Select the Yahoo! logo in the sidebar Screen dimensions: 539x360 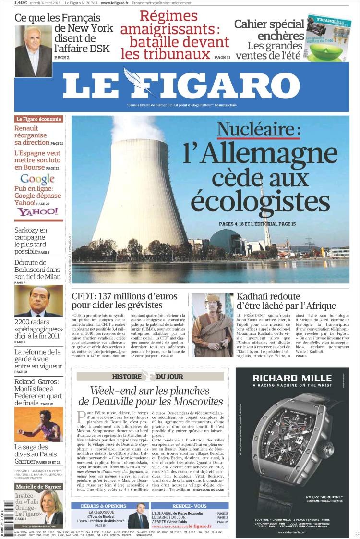(37, 212)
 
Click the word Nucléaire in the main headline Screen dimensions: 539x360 (258, 130)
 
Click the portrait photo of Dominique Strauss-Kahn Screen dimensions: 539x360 (33, 51)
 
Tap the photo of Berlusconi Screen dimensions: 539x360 (38, 300)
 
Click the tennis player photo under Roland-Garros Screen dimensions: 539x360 (38, 425)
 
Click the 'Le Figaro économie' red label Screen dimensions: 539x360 (38, 119)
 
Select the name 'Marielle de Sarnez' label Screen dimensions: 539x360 (38, 487)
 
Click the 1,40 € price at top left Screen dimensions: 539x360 (21, 3)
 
